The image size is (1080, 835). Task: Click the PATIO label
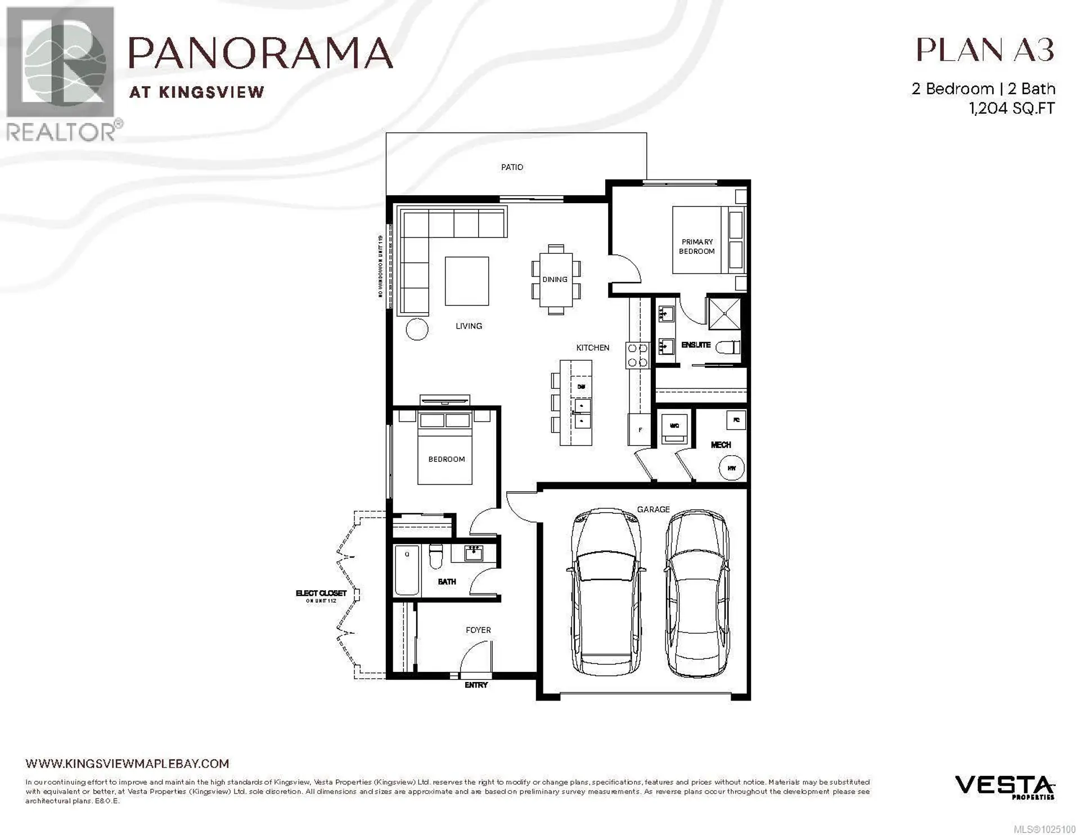[512, 167]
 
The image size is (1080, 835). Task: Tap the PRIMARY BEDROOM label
[696, 246]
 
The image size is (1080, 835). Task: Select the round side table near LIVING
[417, 329]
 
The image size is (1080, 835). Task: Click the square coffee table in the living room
[467, 281]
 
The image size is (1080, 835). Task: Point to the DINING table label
[555, 279]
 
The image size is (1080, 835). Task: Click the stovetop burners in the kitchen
[637, 355]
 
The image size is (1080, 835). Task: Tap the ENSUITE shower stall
[724, 313]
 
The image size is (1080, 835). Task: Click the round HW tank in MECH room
[732, 468]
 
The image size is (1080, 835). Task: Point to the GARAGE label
[653, 509]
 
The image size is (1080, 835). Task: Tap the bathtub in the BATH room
[407, 570]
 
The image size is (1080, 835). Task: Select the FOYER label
[478, 630]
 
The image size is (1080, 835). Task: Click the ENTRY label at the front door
[476, 685]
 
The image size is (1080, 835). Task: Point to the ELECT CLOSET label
[321, 594]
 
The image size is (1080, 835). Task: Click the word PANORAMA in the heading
[261, 53]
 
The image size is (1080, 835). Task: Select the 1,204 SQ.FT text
[1012, 108]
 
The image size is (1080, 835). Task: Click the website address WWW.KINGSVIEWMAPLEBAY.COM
[127, 764]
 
